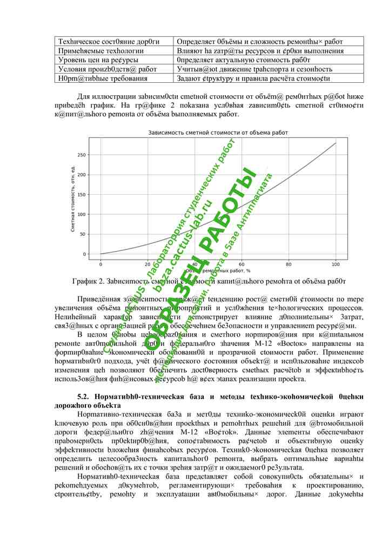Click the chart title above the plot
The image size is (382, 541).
(218, 133)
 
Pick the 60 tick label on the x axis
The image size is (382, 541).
(242, 264)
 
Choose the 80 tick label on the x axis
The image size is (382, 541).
(289, 264)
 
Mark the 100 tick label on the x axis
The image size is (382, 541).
(336, 264)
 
